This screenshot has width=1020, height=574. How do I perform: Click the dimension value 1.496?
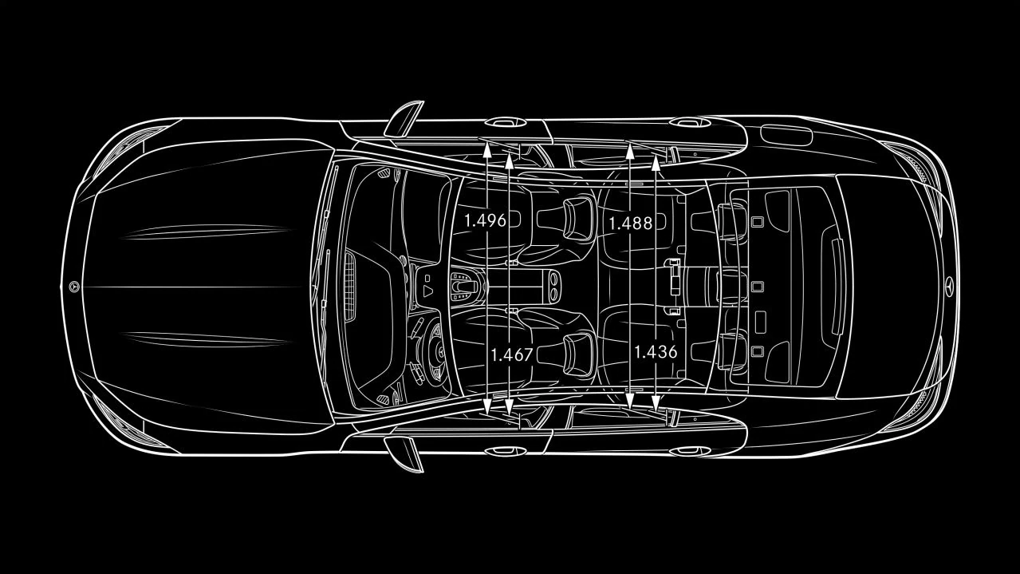pos(485,220)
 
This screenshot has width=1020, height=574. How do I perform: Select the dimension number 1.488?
pos(630,224)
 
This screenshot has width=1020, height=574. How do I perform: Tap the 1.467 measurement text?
pos(512,354)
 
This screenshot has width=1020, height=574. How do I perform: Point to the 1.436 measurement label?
pos(656,352)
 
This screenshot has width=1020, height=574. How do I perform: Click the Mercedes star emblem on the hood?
pos(74,287)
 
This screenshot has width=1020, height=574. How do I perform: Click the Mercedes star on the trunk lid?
pos(948,287)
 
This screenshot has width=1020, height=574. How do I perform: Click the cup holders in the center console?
pos(553,287)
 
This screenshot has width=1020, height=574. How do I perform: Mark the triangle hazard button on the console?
pos(427,291)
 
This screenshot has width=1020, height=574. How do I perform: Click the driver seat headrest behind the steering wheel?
pos(579,355)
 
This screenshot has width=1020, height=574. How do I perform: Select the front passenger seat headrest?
pos(579,219)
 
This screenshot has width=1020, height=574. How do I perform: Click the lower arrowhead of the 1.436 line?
pos(656,403)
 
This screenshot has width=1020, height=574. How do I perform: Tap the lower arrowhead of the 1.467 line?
pos(509,406)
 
